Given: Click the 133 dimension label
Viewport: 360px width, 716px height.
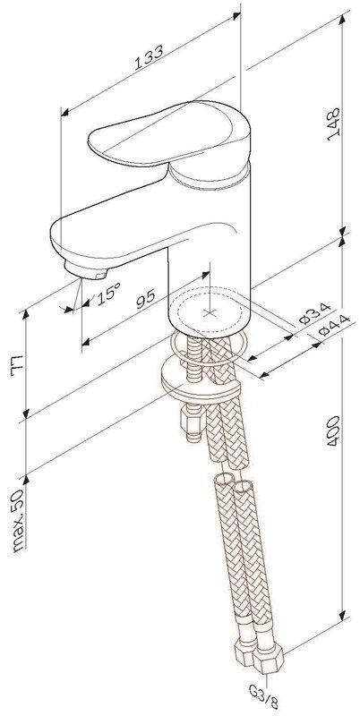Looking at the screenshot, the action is [149, 57].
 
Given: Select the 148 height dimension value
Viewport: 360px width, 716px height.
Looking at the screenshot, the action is [334, 124].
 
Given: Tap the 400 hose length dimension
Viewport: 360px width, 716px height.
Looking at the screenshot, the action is [334, 430].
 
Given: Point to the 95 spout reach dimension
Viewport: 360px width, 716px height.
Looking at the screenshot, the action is [146, 299].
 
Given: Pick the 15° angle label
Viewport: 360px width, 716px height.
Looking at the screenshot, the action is [107, 293].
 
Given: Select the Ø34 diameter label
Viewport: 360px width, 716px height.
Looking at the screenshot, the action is [315, 312].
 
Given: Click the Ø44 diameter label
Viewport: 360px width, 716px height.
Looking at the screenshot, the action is [334, 325].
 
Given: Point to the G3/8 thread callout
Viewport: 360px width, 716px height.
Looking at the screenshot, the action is [264, 702].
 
